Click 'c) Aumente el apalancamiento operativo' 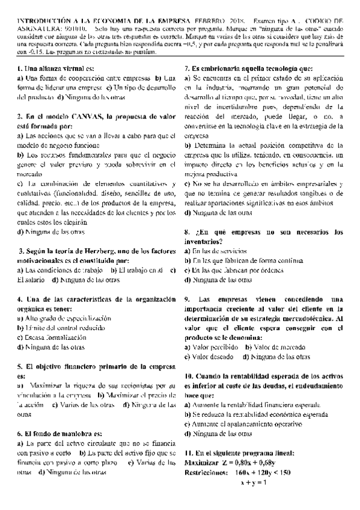point(247,424)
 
